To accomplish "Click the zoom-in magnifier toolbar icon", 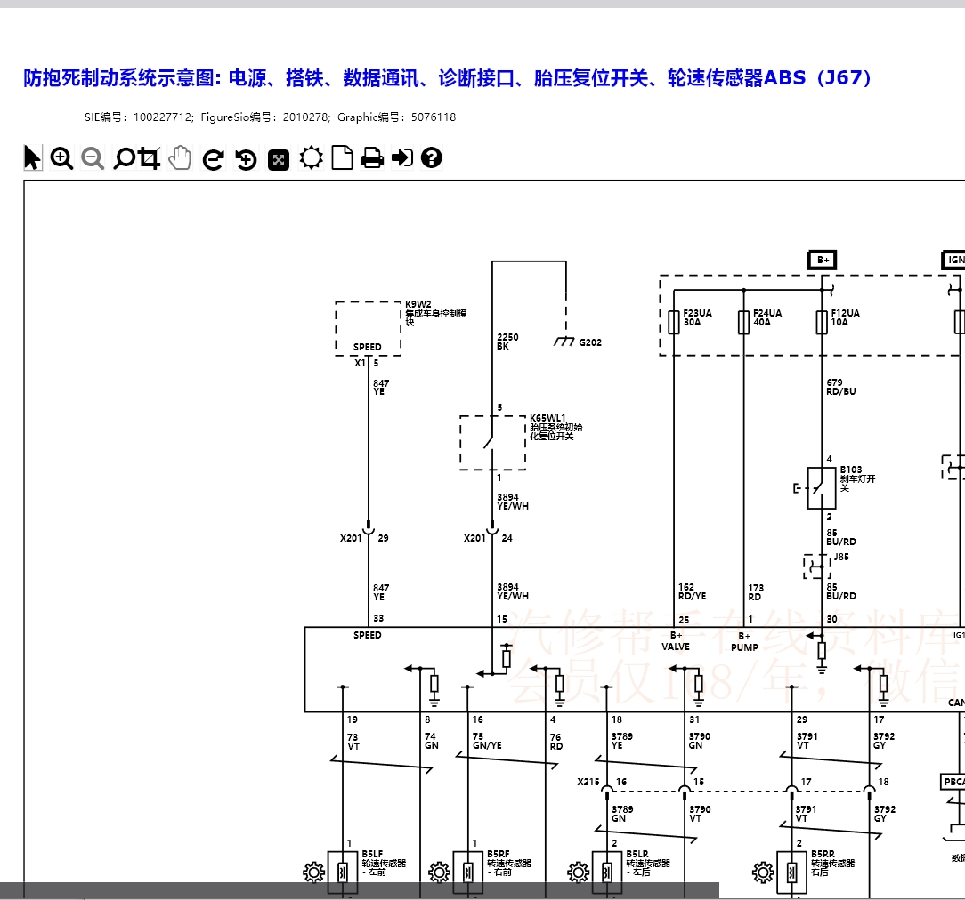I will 61,158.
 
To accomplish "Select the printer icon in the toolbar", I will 372,158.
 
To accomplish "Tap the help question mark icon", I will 432,158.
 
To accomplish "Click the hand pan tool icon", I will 181,158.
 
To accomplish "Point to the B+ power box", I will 822,260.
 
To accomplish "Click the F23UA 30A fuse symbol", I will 674,322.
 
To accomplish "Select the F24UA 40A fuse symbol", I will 744,322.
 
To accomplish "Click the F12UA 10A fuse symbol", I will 822,322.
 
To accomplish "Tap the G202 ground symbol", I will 564,342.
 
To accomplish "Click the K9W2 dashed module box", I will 368,328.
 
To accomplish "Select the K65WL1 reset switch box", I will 492,442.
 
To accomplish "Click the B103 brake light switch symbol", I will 821,487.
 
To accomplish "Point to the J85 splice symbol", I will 816,567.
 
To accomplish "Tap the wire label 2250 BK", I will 507,342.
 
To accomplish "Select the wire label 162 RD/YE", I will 692,591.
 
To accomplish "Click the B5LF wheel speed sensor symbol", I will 343,872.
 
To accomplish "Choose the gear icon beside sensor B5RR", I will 763,872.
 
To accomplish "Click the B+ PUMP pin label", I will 744,641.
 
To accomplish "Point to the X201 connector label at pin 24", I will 474,538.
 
